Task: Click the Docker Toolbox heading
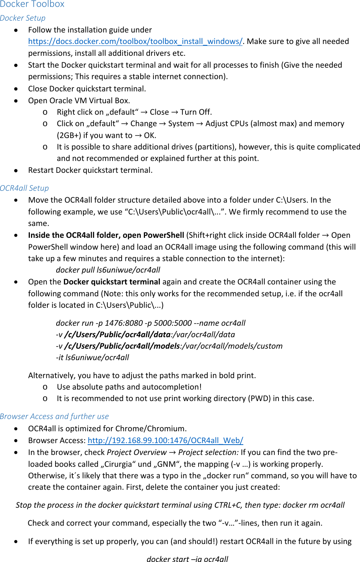pyautogui.click(x=32, y=4)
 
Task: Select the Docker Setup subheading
pyautogui.click(x=23, y=18)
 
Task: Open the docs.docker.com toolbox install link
pyautogui.click(x=135, y=41)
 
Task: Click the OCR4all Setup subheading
pyautogui.click(x=24, y=188)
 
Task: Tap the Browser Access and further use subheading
pyautogui.click(x=54, y=416)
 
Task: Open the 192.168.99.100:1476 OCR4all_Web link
pyautogui.click(x=165, y=440)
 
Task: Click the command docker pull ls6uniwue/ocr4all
pyautogui.click(x=108, y=270)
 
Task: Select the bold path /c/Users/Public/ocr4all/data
pyautogui.click(x=117, y=335)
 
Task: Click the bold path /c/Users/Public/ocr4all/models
pyautogui.click(x=122, y=346)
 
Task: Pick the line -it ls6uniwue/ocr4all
pyautogui.click(x=92, y=357)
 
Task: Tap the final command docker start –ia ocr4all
pyautogui.click(x=187, y=559)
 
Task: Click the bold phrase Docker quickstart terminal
pyautogui.click(x=112, y=282)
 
